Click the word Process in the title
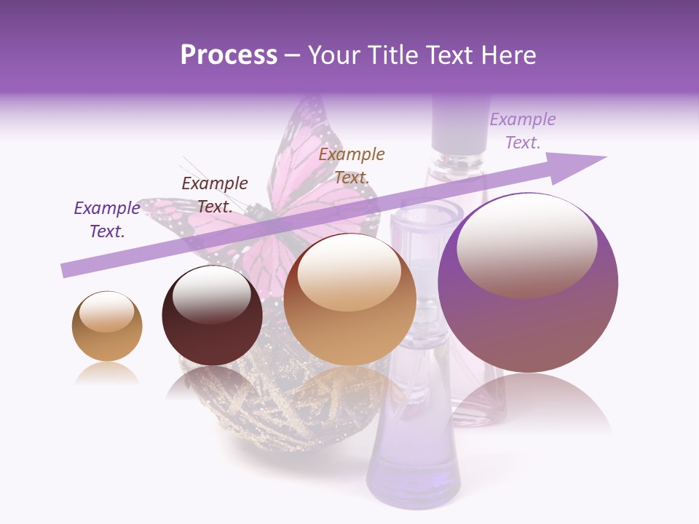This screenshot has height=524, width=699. pyautogui.click(x=229, y=55)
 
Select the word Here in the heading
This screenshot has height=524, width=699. pyautogui.click(x=508, y=55)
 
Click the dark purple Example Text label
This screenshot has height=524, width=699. pyautogui.click(x=107, y=220)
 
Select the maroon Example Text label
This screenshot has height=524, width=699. pyautogui.click(x=215, y=195)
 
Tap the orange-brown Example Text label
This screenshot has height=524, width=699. pyautogui.click(x=352, y=166)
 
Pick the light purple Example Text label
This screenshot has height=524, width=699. pyautogui.click(x=523, y=131)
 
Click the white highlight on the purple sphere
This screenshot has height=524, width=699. pyautogui.click(x=526, y=244)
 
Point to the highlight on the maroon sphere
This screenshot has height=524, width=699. pyautogui.click(x=211, y=293)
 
